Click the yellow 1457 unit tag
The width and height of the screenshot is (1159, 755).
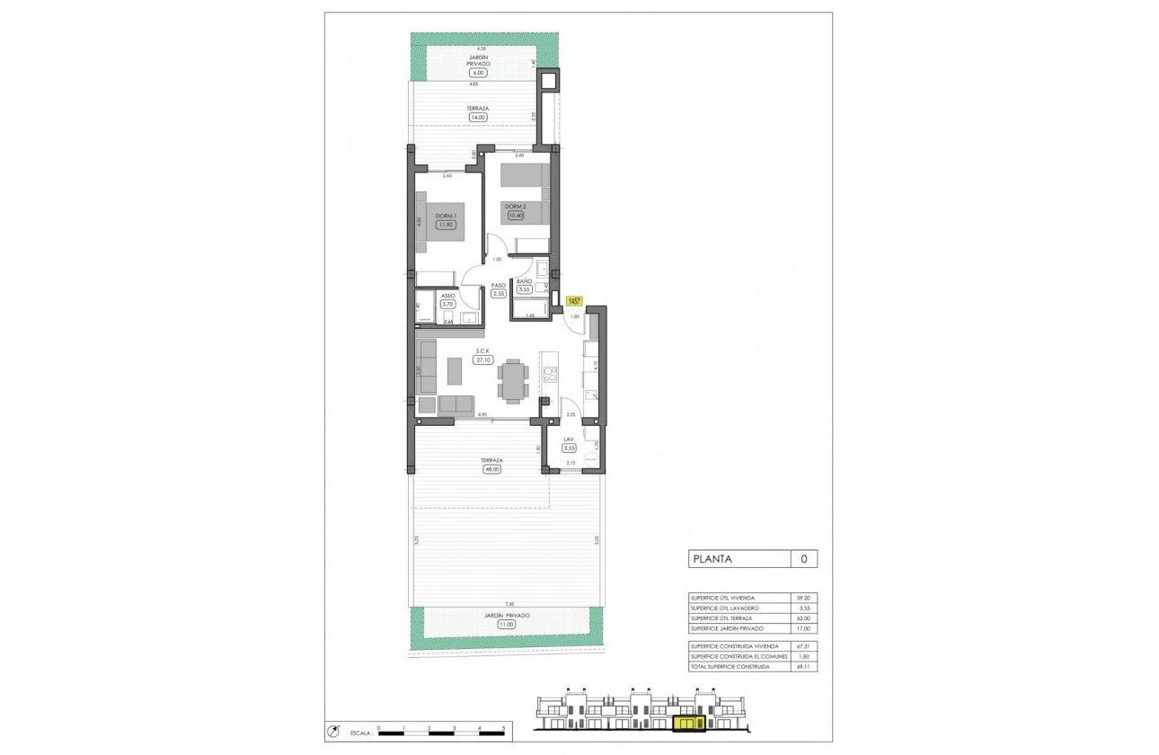574,302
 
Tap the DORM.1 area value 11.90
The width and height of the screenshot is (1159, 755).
445,226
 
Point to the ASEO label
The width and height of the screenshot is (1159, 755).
447,296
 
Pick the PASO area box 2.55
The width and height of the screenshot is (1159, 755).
499,293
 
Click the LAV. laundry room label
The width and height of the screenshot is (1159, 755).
569,440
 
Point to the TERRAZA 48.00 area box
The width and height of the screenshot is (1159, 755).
491,467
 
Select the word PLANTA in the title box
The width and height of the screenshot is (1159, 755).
711,559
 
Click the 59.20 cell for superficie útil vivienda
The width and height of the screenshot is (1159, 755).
802,598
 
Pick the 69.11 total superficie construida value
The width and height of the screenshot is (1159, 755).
802,667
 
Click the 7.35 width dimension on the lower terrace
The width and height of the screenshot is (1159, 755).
509,604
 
